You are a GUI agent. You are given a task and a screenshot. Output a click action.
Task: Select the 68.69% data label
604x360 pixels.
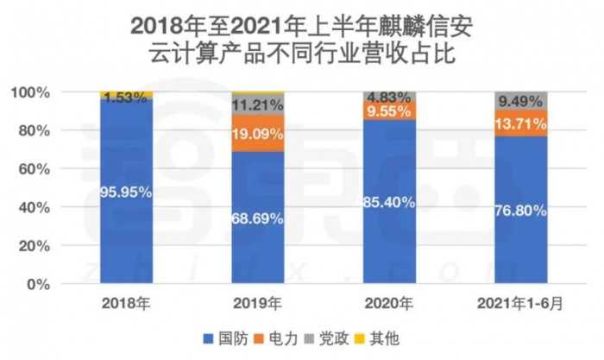tap(257, 218)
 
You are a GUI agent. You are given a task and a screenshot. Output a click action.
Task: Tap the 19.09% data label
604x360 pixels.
tap(257, 134)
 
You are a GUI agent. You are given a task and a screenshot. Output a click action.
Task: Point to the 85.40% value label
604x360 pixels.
tap(389, 203)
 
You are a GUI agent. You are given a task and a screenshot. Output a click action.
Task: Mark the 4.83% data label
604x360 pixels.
tap(389, 96)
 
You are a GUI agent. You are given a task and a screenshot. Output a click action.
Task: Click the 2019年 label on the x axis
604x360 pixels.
tap(257, 303)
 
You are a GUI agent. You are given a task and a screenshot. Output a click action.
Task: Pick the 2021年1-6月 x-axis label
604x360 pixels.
tap(519, 303)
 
